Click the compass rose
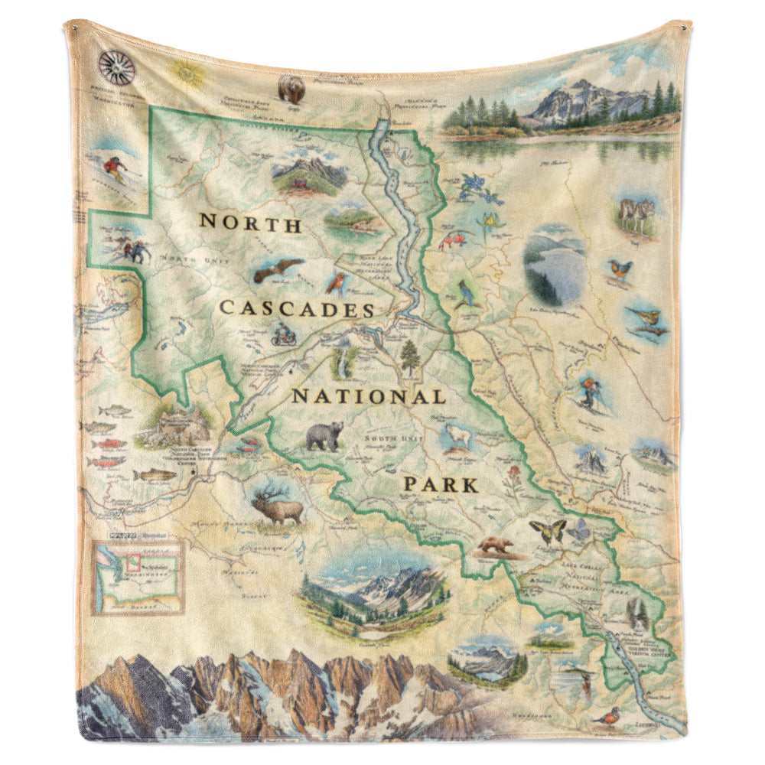(x=117, y=67)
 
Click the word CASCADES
(x=297, y=309)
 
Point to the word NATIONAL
(x=368, y=397)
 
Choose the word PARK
(x=441, y=484)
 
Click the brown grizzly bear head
(x=291, y=90)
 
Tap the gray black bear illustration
(x=325, y=436)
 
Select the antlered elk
(x=276, y=505)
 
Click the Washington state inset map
(x=138, y=578)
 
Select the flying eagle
(x=278, y=269)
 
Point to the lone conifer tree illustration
(x=410, y=357)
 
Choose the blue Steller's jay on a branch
(x=464, y=293)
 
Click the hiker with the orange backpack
(x=589, y=391)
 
